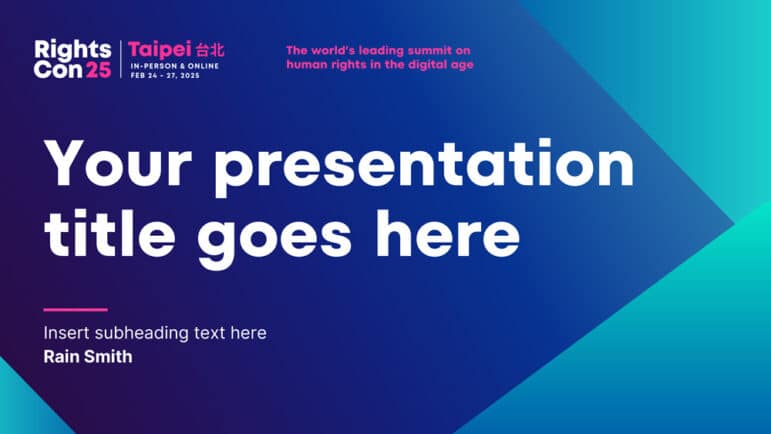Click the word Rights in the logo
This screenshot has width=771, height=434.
coord(73,50)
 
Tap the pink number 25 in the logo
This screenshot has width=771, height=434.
coord(98,70)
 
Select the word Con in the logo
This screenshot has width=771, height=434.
coord(58,70)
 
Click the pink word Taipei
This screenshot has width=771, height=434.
coord(160,50)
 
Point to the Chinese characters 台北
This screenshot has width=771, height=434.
coord(210,50)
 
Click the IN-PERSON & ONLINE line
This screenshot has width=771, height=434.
coord(175,66)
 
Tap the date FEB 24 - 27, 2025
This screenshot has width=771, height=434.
coord(165,76)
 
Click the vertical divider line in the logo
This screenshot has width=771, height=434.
coord(121,59)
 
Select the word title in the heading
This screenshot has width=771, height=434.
coord(110,233)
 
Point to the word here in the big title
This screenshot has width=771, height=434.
coord(447,233)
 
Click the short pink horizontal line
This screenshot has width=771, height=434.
coord(76,310)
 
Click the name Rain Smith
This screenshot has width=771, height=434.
coord(88,357)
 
